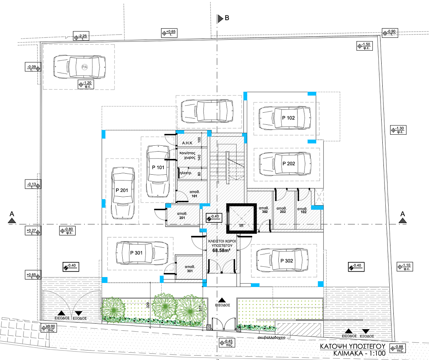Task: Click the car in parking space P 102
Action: [285, 118]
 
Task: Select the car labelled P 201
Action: [122, 191]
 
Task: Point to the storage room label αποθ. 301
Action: [190, 269]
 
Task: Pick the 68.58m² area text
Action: [221, 251]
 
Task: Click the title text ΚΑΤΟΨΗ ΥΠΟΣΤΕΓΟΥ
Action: [352, 346]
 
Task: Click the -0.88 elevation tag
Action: [398, 349]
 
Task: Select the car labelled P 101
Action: [158, 171]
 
